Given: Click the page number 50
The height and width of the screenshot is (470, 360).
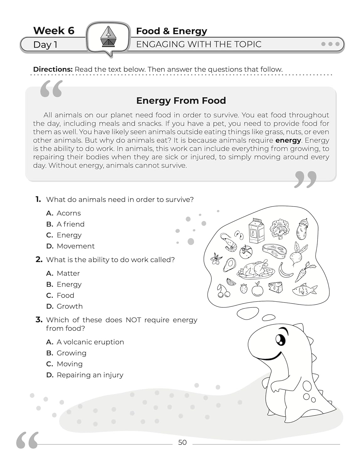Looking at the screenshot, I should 182,442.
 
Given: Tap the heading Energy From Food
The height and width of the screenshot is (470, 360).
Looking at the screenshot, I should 181,101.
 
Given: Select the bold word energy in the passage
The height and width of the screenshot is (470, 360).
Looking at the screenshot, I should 288,140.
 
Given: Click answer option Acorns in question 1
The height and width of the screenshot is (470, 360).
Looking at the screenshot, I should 68,213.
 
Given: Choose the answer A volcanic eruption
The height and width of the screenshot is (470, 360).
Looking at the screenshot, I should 90,342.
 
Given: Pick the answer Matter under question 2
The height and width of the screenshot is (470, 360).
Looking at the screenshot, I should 68,273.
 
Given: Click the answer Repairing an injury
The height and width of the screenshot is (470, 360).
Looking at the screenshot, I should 90,375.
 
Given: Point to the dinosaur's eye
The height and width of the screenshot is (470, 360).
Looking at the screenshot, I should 280,339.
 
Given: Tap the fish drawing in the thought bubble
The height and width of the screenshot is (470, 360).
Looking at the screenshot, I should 304,290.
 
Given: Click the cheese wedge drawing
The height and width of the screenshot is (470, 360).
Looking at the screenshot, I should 276,287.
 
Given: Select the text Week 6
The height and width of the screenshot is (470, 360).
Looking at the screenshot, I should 54,30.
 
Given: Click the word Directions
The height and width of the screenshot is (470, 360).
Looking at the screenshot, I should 53,69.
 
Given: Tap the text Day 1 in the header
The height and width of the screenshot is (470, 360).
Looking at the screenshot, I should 45,44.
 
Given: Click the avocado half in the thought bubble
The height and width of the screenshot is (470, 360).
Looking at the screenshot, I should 229,265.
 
